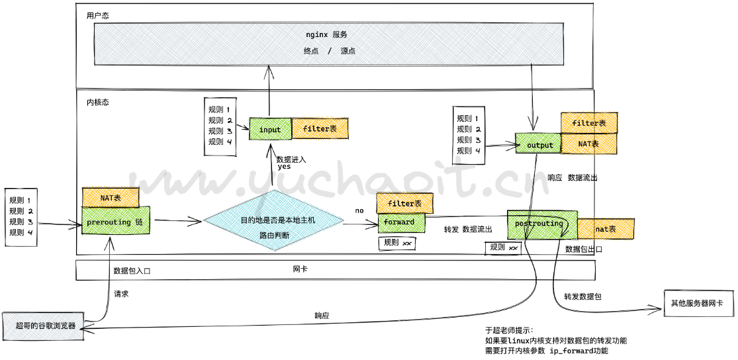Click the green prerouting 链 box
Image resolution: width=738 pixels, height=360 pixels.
[115, 222]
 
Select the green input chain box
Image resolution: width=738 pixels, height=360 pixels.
[270, 129]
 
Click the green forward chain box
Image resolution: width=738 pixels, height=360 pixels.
[400, 222]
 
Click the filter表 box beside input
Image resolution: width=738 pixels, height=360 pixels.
[320, 128]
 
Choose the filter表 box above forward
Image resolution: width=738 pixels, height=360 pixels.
[404, 202]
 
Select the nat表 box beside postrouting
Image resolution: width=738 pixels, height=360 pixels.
[606, 229]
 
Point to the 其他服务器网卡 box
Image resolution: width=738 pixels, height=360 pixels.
[696, 303]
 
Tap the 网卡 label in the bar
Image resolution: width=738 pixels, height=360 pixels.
[300, 269]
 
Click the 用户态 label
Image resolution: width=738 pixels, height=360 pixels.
[97, 15]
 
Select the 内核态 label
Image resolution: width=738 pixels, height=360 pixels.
[97, 103]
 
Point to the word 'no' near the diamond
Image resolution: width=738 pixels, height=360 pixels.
[359, 210]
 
